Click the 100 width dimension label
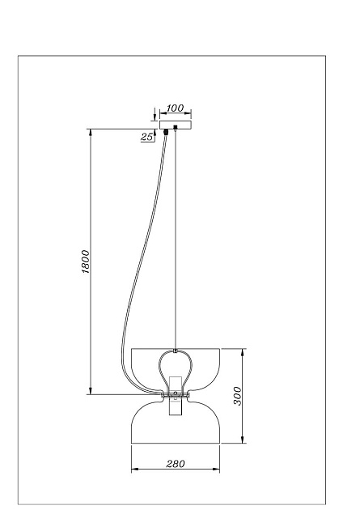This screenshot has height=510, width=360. pos(175,108)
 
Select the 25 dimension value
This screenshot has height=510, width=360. pos(147,137)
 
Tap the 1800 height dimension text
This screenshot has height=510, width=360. pos(85,261)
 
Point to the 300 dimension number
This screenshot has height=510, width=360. pos(238,396)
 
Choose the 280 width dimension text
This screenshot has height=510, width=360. pos(176,464)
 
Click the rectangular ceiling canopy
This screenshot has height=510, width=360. pos(176,125)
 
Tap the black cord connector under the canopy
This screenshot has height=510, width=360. pos(166,132)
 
